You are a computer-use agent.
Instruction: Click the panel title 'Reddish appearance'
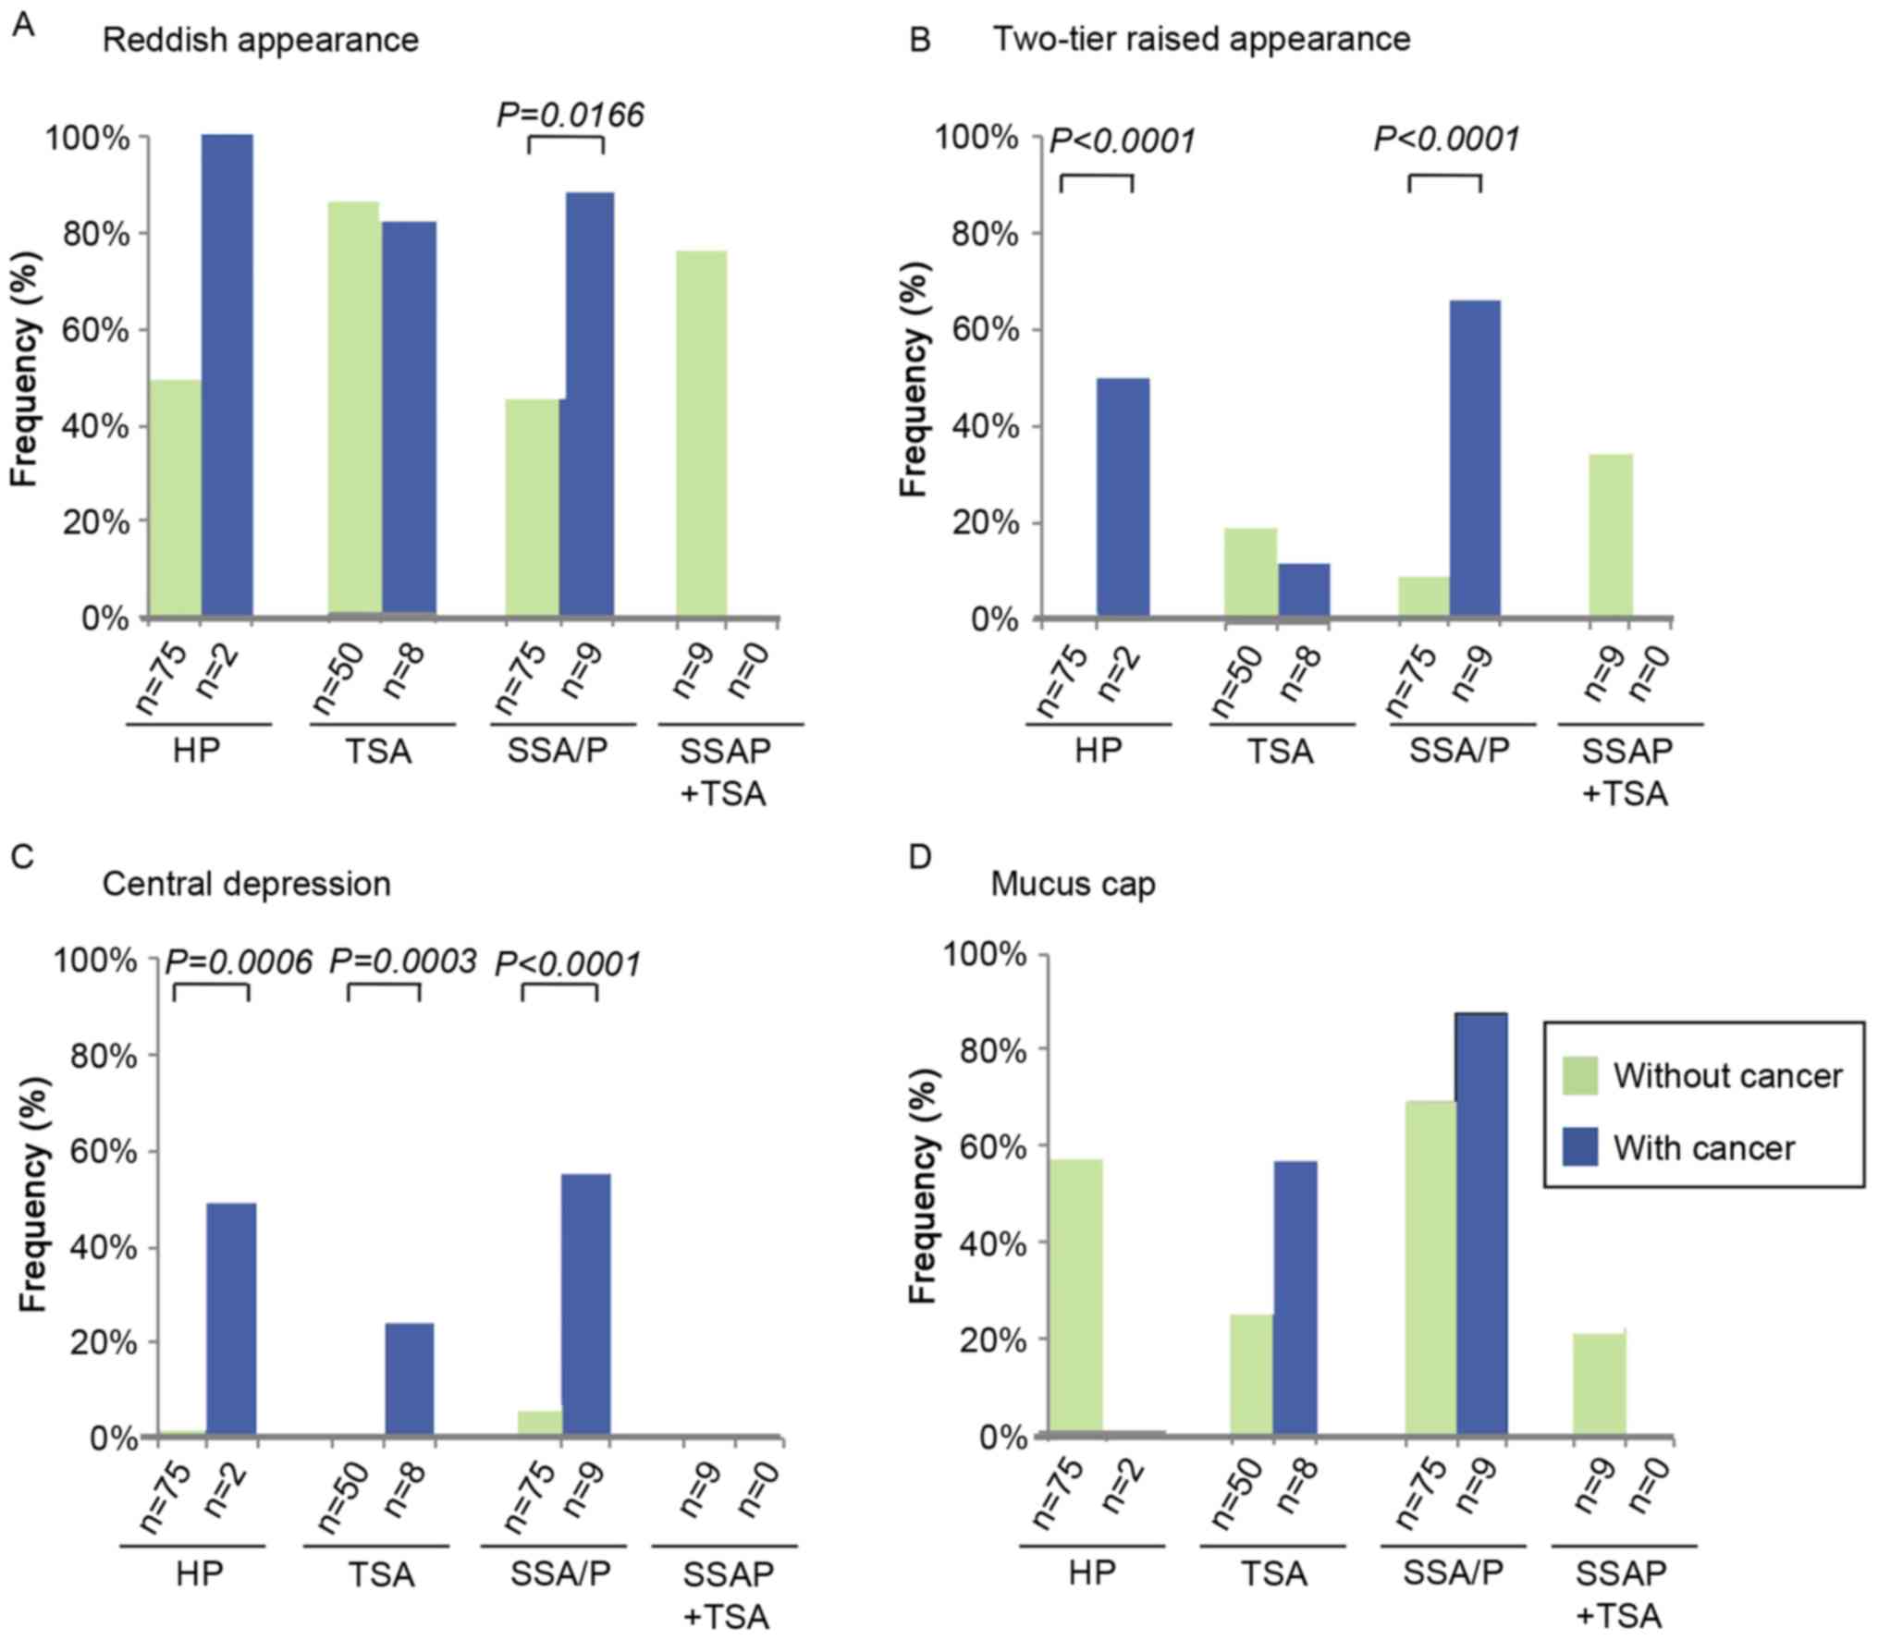pos(260,41)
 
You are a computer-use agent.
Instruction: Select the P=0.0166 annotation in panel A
pos(570,115)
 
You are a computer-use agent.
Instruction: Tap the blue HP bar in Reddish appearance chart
pos(227,374)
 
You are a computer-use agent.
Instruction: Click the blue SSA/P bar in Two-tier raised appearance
pos(1475,458)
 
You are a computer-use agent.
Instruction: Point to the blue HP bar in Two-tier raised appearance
pos(1123,496)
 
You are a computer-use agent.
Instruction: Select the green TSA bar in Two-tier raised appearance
pos(1251,571)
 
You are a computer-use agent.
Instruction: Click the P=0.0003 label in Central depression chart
pos(403,962)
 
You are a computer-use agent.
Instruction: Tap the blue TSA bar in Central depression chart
pos(409,1379)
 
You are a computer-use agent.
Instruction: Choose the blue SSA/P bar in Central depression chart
pos(586,1304)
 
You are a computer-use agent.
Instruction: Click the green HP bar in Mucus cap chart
pos(1076,1297)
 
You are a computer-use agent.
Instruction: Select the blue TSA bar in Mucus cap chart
pos(1295,1298)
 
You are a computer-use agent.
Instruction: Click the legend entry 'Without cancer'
pos(1726,1076)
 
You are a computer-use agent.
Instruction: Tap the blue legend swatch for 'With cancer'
pos(1580,1148)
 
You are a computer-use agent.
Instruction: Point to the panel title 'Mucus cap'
pos(1073,885)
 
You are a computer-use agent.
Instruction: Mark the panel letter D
pos(920,857)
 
